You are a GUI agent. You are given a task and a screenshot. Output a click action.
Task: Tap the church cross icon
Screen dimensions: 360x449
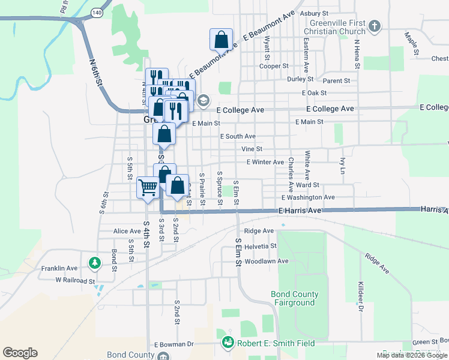[x=375, y=26]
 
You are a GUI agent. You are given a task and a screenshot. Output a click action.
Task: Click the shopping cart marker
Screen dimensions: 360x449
[x=148, y=187]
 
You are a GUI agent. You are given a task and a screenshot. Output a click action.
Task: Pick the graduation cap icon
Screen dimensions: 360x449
[x=203, y=100]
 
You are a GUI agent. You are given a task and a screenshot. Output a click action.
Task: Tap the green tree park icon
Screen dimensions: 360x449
[x=94, y=263]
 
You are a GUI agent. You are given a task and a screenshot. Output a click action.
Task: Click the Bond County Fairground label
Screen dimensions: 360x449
[x=293, y=299]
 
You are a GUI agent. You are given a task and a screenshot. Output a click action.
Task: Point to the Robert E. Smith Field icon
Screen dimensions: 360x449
[x=228, y=342]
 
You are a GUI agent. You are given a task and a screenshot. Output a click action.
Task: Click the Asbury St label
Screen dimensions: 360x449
[x=315, y=13]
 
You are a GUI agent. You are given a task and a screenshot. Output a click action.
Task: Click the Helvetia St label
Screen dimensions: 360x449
[x=260, y=246]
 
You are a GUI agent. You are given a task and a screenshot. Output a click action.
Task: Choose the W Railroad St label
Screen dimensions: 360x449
[x=75, y=280]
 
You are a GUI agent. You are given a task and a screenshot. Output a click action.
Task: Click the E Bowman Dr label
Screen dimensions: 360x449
[x=174, y=344]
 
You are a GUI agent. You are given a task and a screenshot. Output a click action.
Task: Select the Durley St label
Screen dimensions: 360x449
[x=300, y=79]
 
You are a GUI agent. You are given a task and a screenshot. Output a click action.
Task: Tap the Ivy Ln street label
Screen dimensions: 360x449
[x=343, y=166]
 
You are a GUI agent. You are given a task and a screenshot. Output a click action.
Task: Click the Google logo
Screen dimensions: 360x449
[x=20, y=353]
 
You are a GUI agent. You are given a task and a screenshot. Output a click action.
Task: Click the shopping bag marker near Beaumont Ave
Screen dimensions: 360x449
[x=221, y=40]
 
